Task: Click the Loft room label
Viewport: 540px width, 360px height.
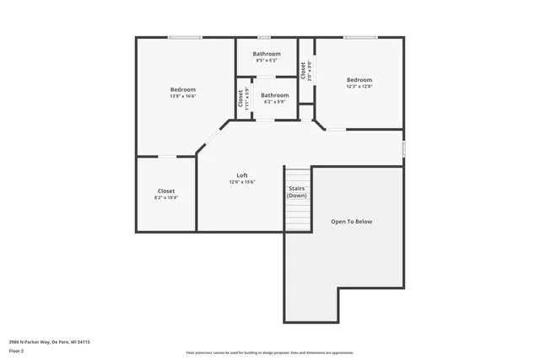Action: (x=241, y=175)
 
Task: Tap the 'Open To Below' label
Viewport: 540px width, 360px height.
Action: (x=351, y=222)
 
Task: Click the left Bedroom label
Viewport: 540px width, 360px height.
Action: (x=183, y=89)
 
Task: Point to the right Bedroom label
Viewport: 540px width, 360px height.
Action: (x=359, y=80)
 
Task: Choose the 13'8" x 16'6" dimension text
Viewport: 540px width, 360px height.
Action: (x=183, y=96)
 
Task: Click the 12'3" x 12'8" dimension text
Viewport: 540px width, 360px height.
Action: (x=359, y=86)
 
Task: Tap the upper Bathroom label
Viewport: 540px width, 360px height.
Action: (x=267, y=54)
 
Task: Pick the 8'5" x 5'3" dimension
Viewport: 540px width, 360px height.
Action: (x=267, y=61)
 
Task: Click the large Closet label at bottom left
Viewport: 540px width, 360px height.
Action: (x=166, y=191)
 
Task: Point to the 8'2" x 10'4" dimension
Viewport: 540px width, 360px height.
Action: (x=166, y=197)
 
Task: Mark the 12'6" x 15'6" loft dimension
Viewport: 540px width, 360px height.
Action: (x=241, y=182)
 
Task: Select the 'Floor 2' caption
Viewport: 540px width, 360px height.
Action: (x=18, y=350)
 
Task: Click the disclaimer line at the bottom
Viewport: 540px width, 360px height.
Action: (x=269, y=353)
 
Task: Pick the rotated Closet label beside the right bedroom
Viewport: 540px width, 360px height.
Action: (x=303, y=70)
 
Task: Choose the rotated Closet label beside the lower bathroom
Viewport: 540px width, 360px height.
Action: (x=240, y=98)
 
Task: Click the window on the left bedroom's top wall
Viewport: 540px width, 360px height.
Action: (x=185, y=37)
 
